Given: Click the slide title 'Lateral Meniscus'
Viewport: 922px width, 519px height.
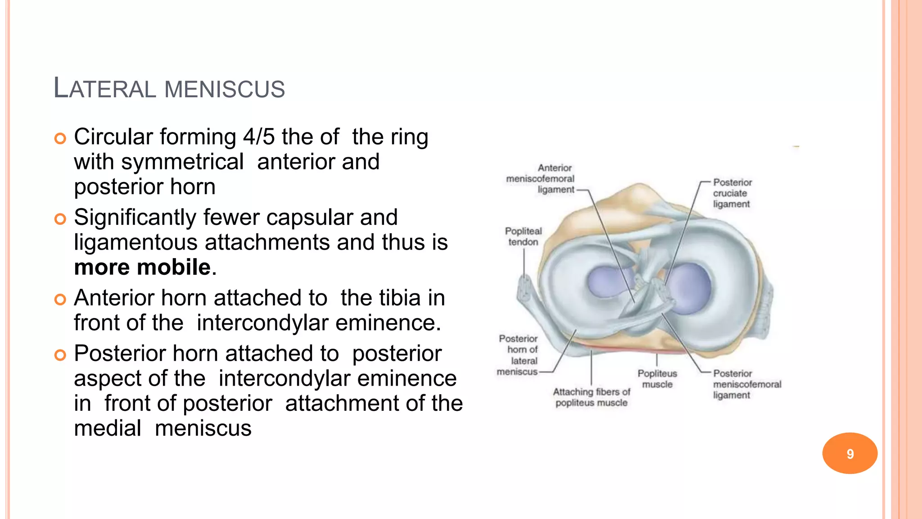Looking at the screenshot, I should [x=169, y=88].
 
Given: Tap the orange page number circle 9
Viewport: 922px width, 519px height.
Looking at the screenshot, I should [x=850, y=453].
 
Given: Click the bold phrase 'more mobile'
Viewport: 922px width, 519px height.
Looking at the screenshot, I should [x=142, y=267].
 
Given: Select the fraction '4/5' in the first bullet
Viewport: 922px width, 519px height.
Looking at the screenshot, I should [x=259, y=137].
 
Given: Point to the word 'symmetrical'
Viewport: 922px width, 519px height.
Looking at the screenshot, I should [x=182, y=162].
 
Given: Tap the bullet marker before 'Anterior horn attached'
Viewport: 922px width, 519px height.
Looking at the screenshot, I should [x=60, y=299].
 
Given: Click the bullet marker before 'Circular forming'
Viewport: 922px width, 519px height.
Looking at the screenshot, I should [x=60, y=138].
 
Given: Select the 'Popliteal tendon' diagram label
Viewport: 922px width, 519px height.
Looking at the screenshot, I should [x=523, y=237].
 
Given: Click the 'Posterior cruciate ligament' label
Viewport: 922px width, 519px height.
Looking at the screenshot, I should [x=732, y=193].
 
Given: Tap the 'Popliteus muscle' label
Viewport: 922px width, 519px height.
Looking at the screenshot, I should [x=657, y=379].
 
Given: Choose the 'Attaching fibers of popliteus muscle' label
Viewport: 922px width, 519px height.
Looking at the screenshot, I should [x=592, y=397].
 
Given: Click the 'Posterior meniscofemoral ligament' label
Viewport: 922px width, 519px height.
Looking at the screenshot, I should [x=746, y=384].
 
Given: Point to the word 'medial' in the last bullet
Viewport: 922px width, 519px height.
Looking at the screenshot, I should [x=108, y=428].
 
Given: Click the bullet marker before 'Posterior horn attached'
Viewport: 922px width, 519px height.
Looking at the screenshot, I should [x=60, y=355].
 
